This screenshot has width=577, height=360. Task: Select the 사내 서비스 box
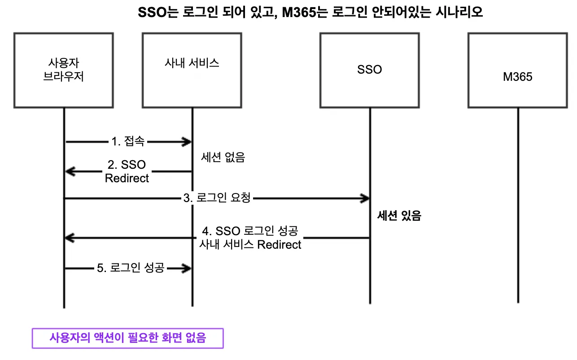192,70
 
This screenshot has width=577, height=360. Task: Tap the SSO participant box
370,70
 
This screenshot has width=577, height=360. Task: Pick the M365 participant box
518,70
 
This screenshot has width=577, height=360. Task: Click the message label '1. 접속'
128,142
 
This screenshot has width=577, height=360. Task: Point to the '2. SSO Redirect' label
127,171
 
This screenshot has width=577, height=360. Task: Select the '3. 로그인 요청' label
217,198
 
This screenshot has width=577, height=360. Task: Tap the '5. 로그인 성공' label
131,268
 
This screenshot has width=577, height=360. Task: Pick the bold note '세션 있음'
399,216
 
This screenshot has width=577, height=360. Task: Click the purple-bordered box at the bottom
127,338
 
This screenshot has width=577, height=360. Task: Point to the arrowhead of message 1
188,142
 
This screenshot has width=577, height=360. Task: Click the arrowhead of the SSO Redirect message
70,171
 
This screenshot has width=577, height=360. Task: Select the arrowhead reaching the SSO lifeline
364,198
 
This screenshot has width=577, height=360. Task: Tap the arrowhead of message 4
70,238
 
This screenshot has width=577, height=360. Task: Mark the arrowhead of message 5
188,268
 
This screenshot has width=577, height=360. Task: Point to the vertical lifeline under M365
518,206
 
